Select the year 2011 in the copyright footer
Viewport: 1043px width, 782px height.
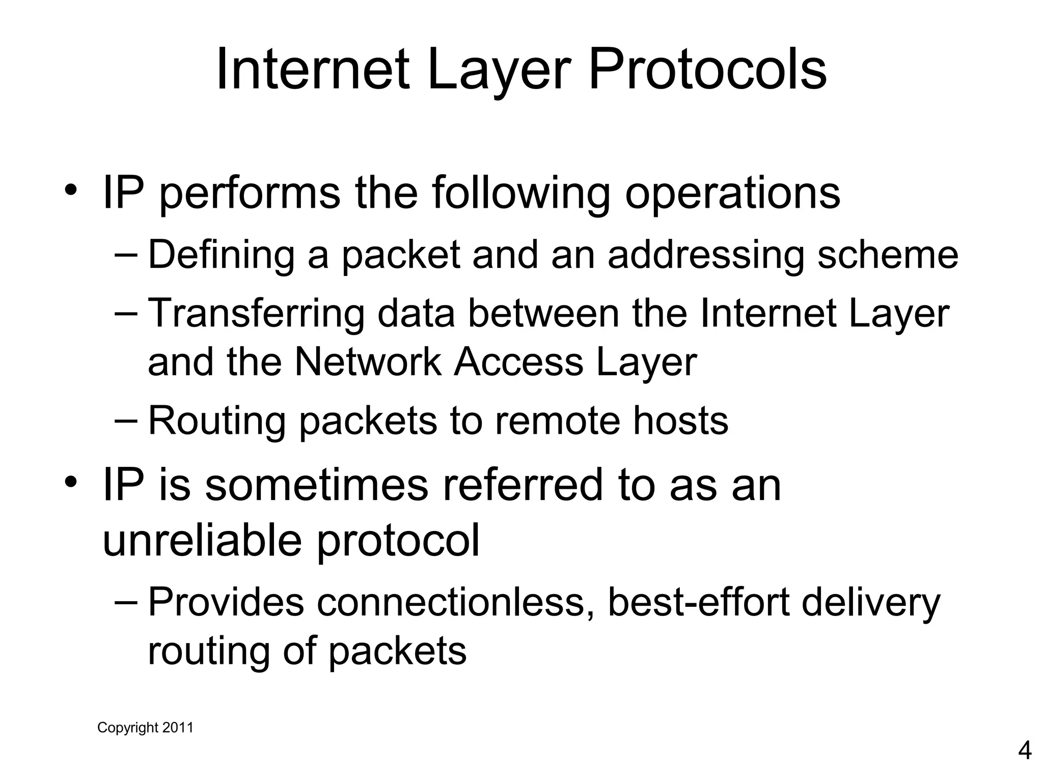178,728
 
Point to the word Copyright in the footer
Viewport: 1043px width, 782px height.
128,728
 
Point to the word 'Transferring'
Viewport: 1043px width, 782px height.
256,314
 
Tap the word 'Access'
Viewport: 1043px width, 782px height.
518,362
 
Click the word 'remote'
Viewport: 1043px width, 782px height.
557,422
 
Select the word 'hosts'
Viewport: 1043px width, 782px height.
680,422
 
